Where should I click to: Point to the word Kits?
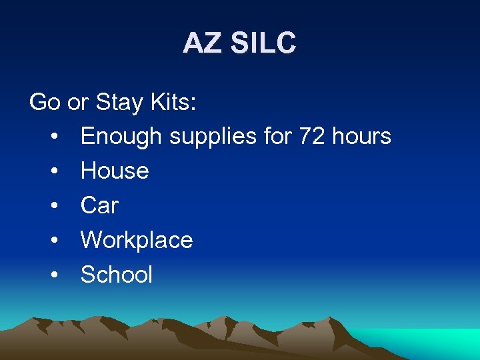[171, 102]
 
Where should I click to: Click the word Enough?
[121, 137]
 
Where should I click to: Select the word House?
[115, 171]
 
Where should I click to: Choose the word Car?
[99, 206]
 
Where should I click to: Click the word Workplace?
[137, 241]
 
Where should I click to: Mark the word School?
[117, 275]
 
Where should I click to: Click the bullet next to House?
[53, 172]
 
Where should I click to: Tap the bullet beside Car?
[53, 207]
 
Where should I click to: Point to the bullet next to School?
[53, 275]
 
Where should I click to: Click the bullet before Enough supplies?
[53, 137]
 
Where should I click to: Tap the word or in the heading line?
[77, 103]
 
